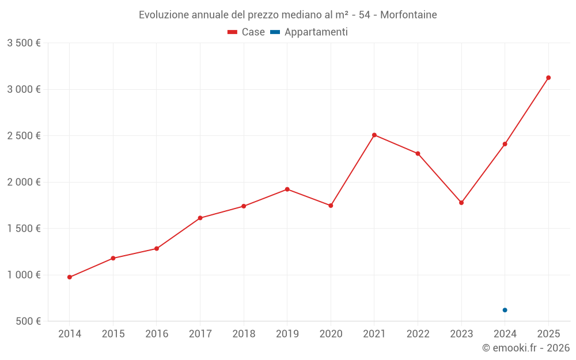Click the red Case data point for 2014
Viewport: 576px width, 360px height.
(70, 277)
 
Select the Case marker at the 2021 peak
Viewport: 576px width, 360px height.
(374, 135)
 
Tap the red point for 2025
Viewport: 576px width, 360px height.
(548, 78)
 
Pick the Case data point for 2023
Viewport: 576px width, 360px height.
(461, 203)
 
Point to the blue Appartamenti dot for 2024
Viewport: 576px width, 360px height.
(505, 310)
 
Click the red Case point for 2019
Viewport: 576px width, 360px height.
(287, 189)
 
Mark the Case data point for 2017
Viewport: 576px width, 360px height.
(200, 218)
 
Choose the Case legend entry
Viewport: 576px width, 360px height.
(247, 32)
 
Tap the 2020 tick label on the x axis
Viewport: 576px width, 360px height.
(331, 334)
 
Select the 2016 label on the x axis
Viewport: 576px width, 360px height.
(157, 334)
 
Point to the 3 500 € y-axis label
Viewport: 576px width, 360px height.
(24, 43)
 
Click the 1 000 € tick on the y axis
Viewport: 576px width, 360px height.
(24, 275)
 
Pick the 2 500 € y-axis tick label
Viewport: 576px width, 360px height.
(24, 136)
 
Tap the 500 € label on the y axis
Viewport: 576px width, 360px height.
(28, 321)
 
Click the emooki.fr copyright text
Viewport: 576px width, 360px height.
(525, 348)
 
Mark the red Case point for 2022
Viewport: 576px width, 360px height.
(418, 154)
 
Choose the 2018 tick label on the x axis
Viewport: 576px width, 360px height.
(244, 334)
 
